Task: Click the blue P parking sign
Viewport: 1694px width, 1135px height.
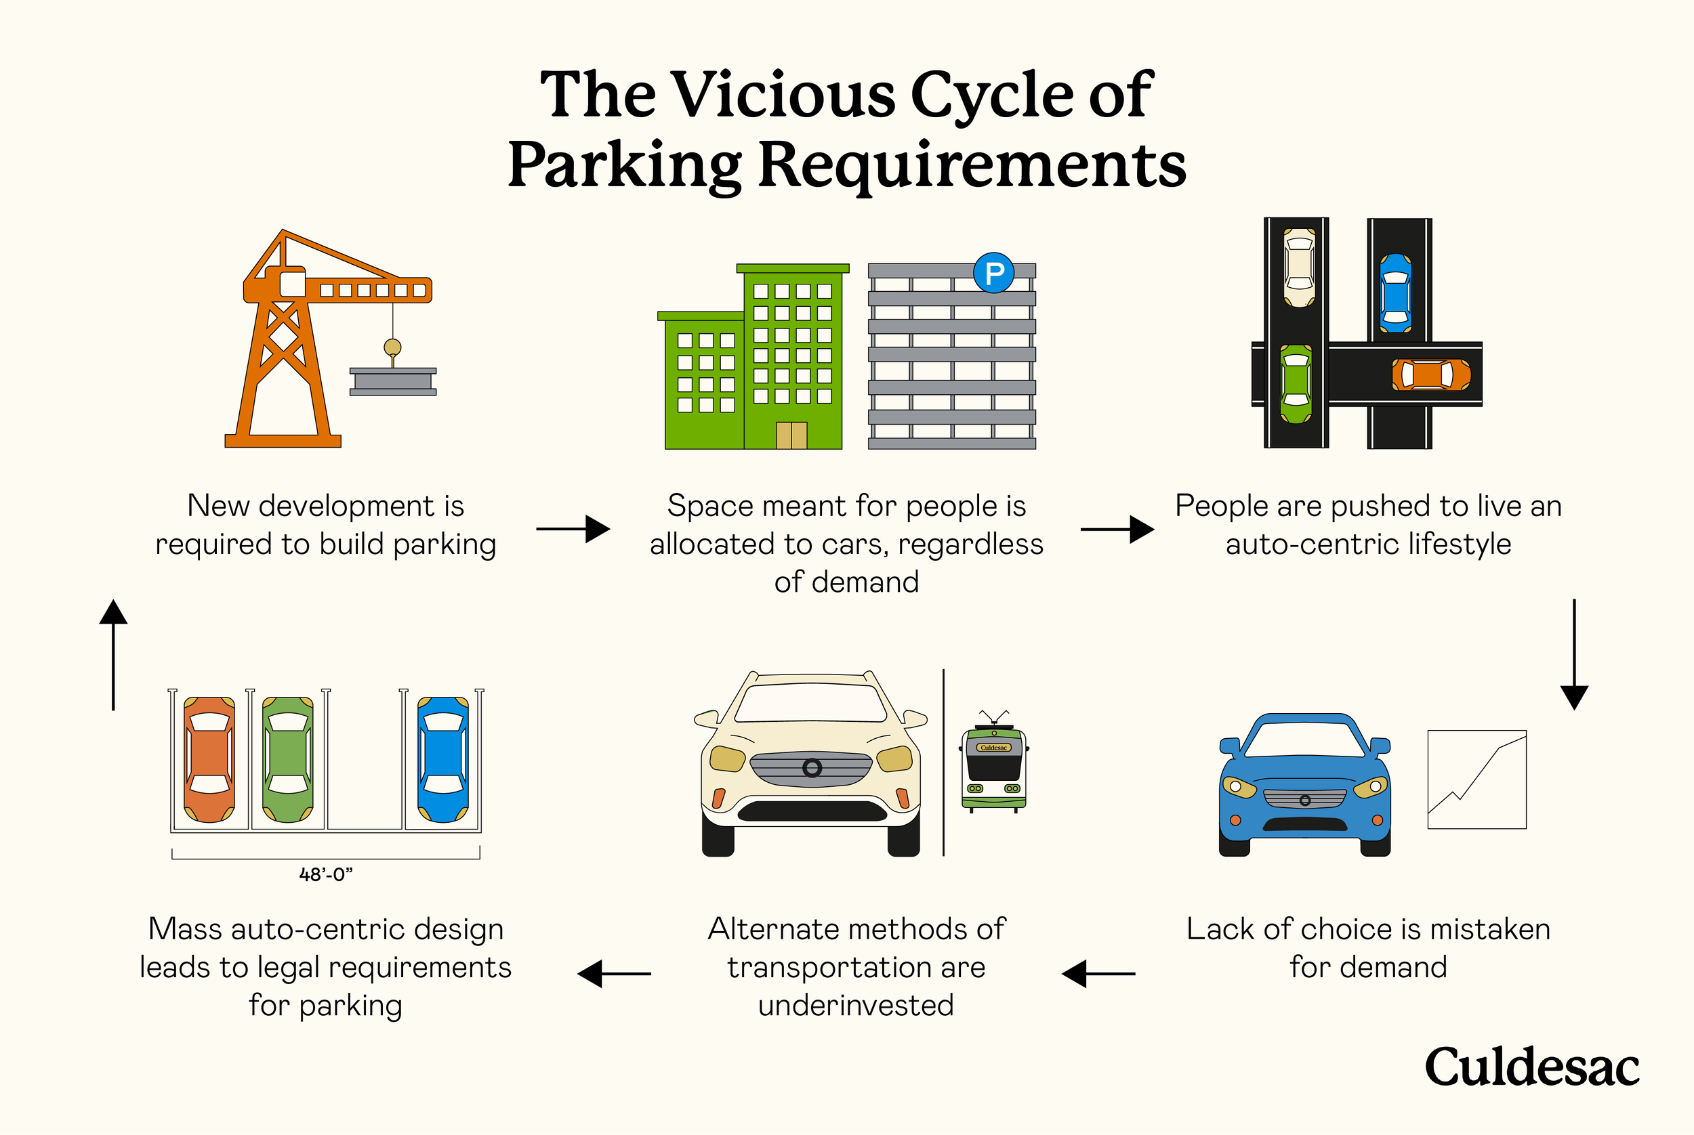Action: click(x=993, y=273)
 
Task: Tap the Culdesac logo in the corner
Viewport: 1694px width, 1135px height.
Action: click(x=1532, y=1068)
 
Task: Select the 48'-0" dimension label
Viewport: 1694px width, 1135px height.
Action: click(x=326, y=874)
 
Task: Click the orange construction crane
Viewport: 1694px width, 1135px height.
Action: click(x=290, y=340)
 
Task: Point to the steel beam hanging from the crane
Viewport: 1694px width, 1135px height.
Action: click(x=392, y=381)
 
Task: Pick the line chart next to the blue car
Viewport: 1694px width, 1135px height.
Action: click(x=1476, y=779)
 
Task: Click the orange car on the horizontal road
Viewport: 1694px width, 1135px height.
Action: click(x=1431, y=375)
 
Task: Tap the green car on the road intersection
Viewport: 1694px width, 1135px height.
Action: click(x=1296, y=384)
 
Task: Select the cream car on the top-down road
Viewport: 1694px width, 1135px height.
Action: click(x=1299, y=267)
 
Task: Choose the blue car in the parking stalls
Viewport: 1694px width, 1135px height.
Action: click(x=442, y=759)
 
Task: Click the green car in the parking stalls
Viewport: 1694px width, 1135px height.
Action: click(x=287, y=759)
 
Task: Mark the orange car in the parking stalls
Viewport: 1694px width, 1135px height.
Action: click(x=209, y=759)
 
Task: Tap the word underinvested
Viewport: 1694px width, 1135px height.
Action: click(x=855, y=1006)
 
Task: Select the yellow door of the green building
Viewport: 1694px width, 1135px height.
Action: click(x=791, y=435)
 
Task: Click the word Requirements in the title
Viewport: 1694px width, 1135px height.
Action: click(x=972, y=165)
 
